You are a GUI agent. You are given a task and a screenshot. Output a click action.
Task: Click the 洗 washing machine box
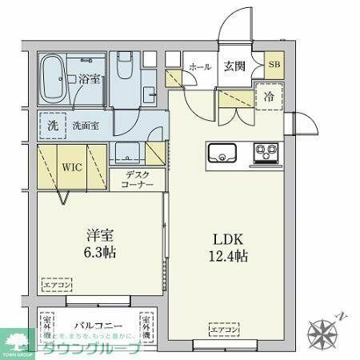[x=52, y=125]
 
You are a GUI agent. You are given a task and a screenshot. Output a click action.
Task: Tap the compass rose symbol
[x=324, y=332]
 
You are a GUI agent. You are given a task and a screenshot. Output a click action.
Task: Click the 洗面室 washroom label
[x=86, y=125]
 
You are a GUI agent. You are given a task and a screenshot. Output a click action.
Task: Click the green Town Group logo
[x=16, y=342]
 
